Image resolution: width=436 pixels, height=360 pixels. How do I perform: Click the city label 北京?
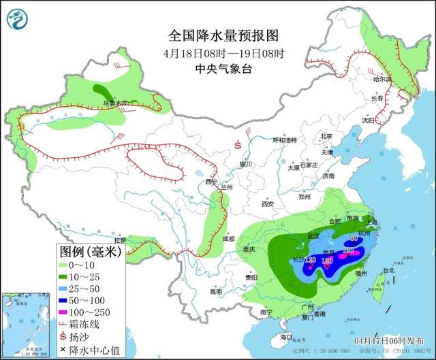[x=327, y=136]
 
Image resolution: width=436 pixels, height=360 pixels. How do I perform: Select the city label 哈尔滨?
[x=383, y=80]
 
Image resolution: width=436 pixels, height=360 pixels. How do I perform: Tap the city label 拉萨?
[x=120, y=240]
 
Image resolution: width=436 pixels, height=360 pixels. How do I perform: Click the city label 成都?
[x=228, y=240]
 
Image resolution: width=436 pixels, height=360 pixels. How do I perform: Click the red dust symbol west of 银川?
[x=238, y=145]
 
